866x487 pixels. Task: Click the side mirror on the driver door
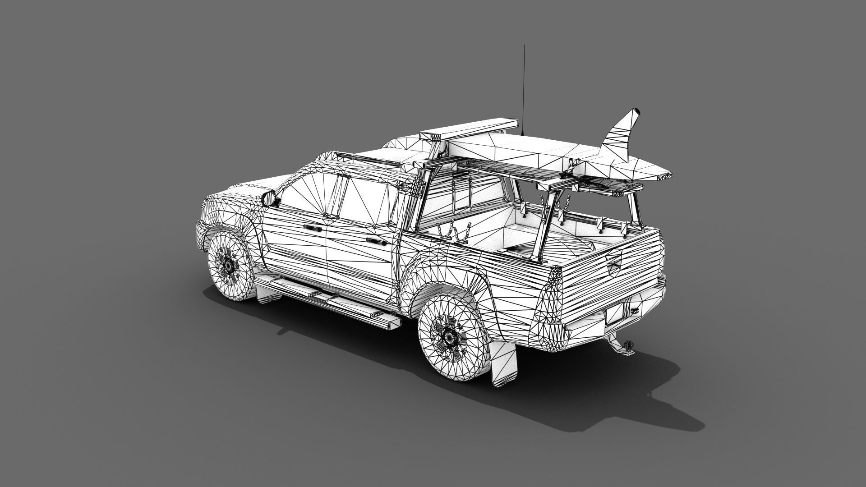coord(269,198)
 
